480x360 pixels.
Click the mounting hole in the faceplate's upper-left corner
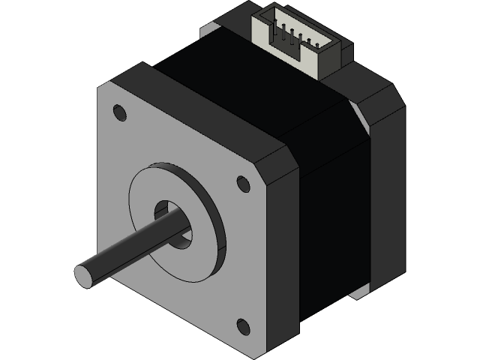point(118,112)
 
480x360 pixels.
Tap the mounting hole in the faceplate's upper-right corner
point(243,184)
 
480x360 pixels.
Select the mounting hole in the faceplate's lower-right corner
point(243,325)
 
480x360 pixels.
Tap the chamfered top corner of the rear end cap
point(386,97)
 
